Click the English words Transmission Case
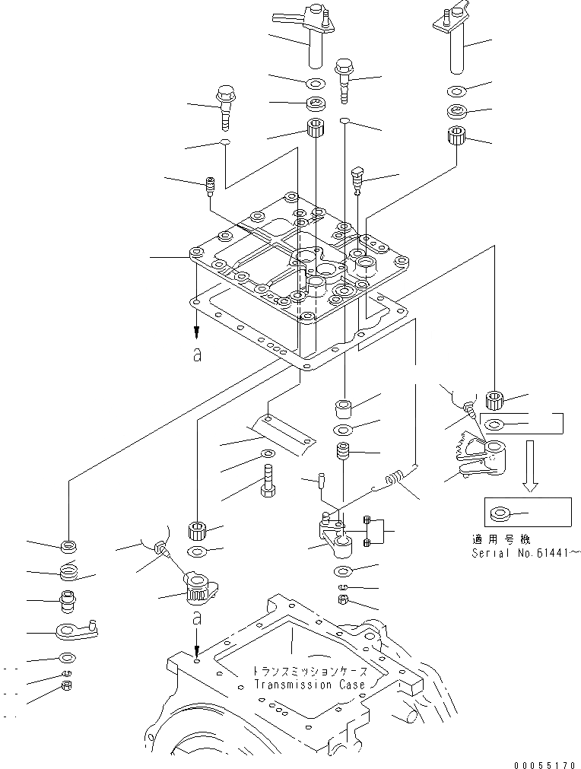pos(309,685)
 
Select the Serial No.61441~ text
pos(525,552)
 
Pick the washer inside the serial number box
pos(502,515)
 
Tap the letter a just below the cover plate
pos(196,355)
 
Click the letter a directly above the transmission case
pos(196,615)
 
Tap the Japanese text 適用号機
pos(494,539)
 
